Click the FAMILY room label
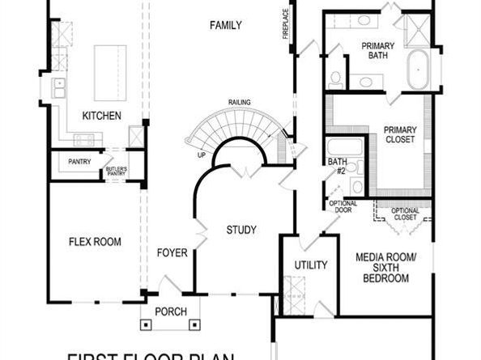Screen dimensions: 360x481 [x=226, y=25]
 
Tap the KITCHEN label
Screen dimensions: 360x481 [x=102, y=116]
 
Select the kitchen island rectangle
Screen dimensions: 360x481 [x=110, y=72]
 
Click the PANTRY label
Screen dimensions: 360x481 [x=79, y=162]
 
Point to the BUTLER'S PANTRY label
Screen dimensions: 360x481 [x=117, y=171]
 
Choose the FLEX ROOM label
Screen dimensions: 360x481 [x=95, y=241]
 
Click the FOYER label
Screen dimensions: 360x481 [x=172, y=253]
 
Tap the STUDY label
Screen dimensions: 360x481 [x=240, y=231]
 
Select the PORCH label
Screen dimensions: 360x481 [x=171, y=311]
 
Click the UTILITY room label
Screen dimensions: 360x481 [x=311, y=265]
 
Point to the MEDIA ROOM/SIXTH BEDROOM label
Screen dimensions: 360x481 [x=382, y=268]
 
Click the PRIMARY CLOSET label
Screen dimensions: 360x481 [x=399, y=134]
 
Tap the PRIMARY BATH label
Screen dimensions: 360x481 [x=378, y=50]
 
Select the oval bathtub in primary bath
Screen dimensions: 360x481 [x=419, y=71]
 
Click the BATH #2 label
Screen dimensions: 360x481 [x=337, y=167]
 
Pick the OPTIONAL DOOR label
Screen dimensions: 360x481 [x=342, y=207]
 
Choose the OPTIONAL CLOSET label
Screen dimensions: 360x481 [x=405, y=214]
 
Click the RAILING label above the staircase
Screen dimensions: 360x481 [x=239, y=102]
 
